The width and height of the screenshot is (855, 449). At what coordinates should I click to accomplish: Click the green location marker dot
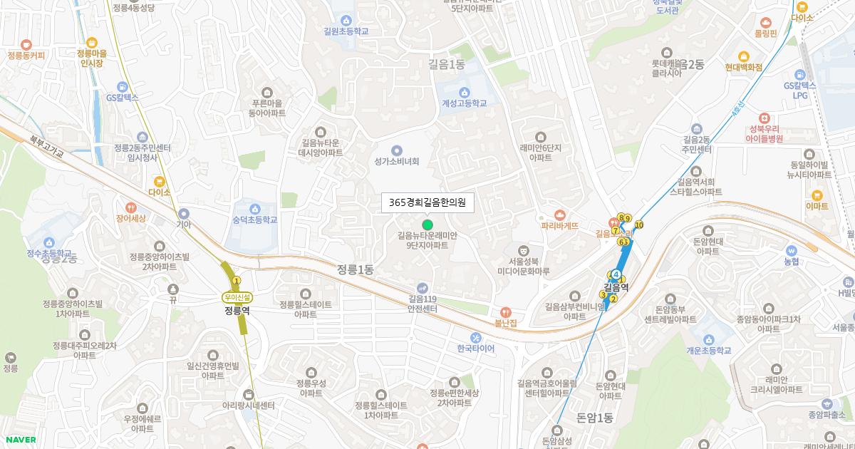[x=427, y=224]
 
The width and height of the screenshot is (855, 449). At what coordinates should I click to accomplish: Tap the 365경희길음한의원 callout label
[x=427, y=203]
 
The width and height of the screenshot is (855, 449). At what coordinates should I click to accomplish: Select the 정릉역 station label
[x=237, y=310]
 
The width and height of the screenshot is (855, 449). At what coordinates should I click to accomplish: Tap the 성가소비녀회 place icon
[x=397, y=150]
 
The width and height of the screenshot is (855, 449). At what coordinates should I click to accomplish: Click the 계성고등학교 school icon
[x=464, y=91]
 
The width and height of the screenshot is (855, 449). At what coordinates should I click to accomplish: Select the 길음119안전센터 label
[x=423, y=304]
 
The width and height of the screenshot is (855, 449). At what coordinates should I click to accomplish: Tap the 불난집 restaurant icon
[x=505, y=311]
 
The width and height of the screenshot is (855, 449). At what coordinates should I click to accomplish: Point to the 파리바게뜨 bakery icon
[x=559, y=215]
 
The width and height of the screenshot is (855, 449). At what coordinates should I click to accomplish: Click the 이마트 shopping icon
[x=817, y=195]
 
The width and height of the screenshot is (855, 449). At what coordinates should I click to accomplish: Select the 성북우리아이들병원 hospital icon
[x=765, y=118]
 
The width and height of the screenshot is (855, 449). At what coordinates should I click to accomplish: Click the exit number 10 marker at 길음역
[x=639, y=225]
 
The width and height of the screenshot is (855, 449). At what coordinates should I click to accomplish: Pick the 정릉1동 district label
[x=356, y=269]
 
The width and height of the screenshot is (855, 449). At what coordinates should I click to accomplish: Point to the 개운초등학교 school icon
[x=708, y=339]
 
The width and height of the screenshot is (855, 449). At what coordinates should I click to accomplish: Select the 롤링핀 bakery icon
[x=766, y=22]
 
